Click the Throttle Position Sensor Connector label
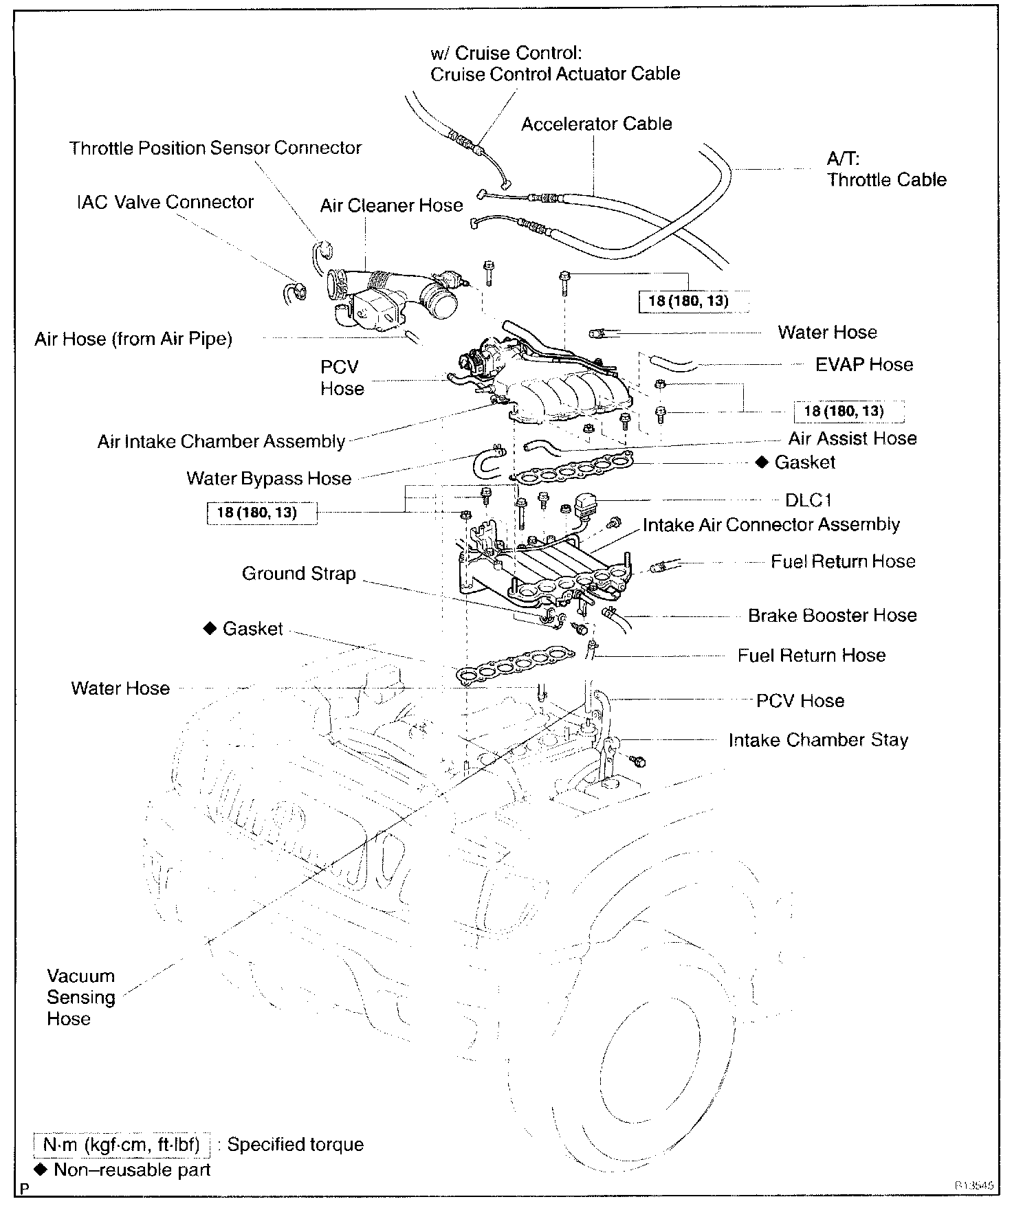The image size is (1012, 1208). pyautogui.click(x=215, y=148)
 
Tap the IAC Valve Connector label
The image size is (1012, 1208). pyautogui.click(x=165, y=202)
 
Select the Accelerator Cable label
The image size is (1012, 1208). pyautogui.click(x=596, y=124)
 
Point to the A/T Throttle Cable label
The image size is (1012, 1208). pyautogui.click(x=885, y=170)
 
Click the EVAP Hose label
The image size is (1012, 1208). pyautogui.click(x=863, y=365)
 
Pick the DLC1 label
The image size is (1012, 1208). pyautogui.click(x=808, y=500)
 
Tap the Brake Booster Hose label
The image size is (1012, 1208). pyautogui.click(x=832, y=616)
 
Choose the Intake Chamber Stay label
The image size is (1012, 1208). pyautogui.click(x=818, y=740)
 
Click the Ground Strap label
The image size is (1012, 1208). pyautogui.click(x=298, y=574)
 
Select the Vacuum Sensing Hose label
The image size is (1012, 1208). pyautogui.click(x=80, y=997)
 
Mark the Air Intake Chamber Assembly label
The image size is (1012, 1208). pyautogui.click(x=221, y=441)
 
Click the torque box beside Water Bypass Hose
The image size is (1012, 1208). pyautogui.click(x=261, y=513)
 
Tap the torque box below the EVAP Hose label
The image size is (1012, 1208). pyautogui.click(x=848, y=412)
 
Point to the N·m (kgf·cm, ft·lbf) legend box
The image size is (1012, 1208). pyautogui.click(x=121, y=1145)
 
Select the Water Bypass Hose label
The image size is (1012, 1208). pyautogui.click(x=268, y=478)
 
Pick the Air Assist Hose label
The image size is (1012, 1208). pyautogui.click(x=852, y=438)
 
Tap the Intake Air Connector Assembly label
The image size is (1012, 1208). pyautogui.click(x=771, y=525)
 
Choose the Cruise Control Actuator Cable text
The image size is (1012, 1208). pyautogui.click(x=555, y=74)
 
